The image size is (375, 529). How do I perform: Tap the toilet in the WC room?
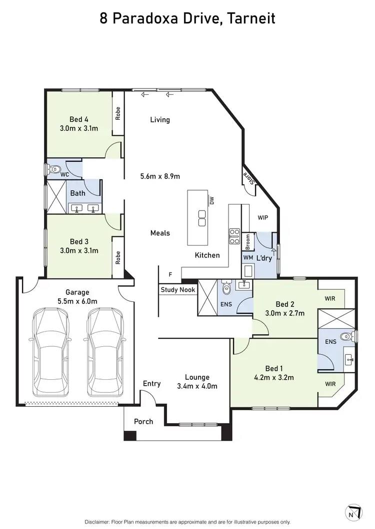(53, 169)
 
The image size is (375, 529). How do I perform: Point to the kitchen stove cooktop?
(234, 236)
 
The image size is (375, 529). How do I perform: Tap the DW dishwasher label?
(211, 201)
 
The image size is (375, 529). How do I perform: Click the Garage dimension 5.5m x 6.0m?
(77, 301)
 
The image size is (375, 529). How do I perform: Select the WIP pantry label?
(263, 218)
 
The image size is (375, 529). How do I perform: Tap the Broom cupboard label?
(247, 242)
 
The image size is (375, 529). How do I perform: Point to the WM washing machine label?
(247, 258)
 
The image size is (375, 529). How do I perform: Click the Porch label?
(143, 422)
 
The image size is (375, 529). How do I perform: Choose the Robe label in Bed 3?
(118, 257)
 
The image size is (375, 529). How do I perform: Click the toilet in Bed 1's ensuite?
(346, 337)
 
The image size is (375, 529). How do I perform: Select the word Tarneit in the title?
(252, 18)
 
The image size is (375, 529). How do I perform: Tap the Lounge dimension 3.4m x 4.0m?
(197, 386)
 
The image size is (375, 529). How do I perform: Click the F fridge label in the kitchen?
(170, 274)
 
